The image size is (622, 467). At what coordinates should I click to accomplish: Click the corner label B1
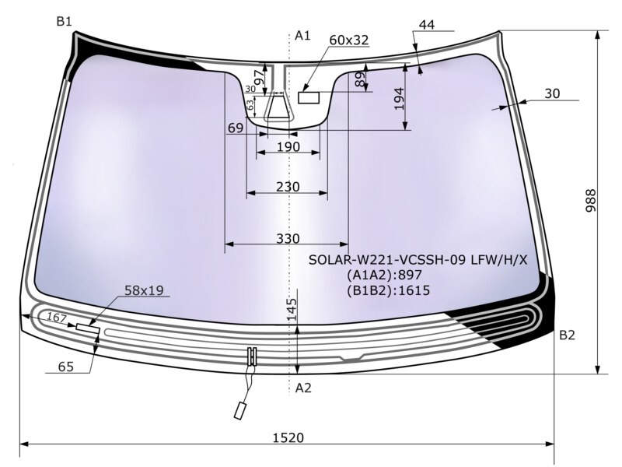64,21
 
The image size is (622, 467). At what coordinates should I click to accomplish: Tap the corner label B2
567,335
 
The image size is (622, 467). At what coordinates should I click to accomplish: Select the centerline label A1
302,36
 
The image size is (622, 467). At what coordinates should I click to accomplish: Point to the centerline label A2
303,388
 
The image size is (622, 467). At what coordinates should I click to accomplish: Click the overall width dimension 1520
288,437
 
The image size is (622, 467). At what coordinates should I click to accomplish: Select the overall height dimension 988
591,201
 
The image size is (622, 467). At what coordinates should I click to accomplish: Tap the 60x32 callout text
349,40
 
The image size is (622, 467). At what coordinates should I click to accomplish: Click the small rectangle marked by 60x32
309,97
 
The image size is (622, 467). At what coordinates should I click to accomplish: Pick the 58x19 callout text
144,290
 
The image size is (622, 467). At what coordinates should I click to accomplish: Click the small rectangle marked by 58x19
88,328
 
